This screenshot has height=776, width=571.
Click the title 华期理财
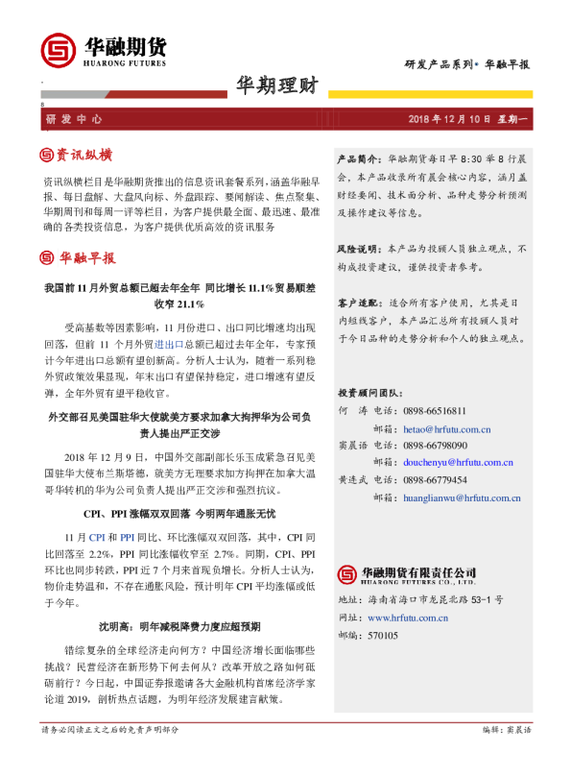pyautogui.click(x=277, y=85)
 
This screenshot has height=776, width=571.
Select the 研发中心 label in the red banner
pyautogui.click(x=73, y=118)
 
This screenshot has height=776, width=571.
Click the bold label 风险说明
pyautogui.click(x=359, y=248)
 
